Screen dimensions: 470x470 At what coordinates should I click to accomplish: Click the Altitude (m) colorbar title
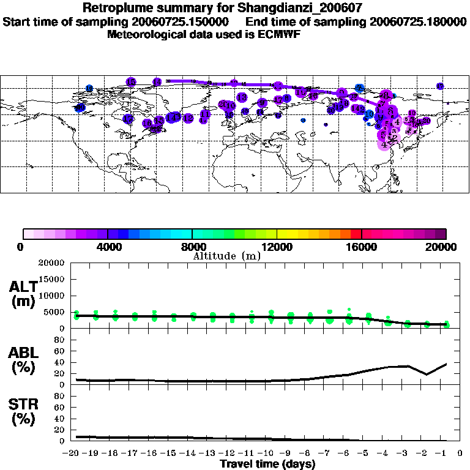226,256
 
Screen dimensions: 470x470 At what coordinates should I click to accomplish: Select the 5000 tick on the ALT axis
56,312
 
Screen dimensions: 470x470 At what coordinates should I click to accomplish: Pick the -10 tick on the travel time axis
268,453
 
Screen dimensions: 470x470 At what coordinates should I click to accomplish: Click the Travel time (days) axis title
267,464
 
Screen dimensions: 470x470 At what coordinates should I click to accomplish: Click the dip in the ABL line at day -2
427,375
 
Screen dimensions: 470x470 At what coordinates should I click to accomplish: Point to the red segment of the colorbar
356,234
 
